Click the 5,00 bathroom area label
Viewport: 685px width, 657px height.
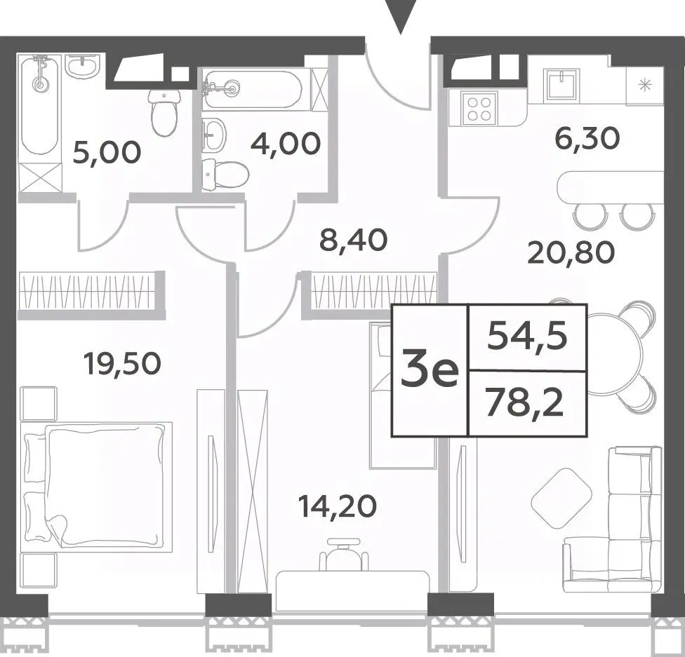[107, 152]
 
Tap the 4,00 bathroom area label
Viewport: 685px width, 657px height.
[286, 144]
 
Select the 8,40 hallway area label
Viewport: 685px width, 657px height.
[354, 240]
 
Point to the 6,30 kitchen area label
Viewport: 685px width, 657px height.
[587, 138]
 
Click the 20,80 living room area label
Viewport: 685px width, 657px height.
[571, 252]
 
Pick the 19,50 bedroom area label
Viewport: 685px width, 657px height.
[124, 363]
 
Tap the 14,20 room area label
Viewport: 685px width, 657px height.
[337, 506]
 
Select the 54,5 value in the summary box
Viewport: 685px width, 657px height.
[527, 336]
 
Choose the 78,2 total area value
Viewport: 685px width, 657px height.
[524, 404]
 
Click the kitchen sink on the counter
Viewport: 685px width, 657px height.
[561, 84]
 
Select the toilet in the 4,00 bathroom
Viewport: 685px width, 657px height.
[225, 175]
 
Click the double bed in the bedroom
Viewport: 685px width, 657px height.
[97, 487]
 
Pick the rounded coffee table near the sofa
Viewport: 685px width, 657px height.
[561, 498]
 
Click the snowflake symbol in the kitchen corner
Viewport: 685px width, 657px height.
[644, 85]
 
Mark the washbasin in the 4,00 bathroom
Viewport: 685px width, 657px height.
[214, 134]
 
